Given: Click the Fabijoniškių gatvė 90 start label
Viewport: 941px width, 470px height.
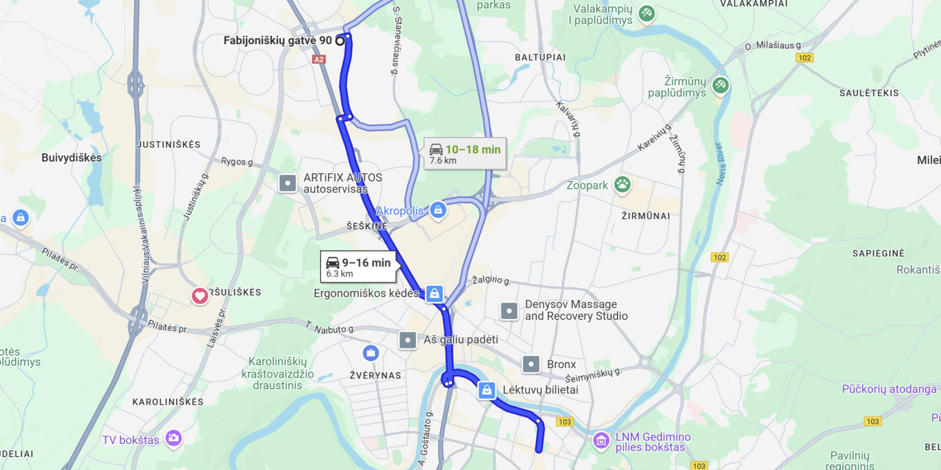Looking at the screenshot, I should [x=278, y=41].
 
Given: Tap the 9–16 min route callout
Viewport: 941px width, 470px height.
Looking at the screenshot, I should [x=358, y=267].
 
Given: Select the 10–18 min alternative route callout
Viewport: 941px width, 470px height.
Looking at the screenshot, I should [x=465, y=154].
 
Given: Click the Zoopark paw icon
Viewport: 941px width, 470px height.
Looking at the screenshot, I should [x=623, y=184].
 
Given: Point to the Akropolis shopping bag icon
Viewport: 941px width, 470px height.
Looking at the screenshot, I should [x=438, y=210].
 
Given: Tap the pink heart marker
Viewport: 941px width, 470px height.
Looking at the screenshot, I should [x=200, y=296].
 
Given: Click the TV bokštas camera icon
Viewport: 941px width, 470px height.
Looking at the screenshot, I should [x=174, y=438].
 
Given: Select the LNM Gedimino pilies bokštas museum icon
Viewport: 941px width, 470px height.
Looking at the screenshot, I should [x=601, y=440].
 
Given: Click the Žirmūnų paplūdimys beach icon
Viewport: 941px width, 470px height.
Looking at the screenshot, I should [x=721, y=85].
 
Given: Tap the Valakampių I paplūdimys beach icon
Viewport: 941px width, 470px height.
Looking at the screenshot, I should [x=646, y=13].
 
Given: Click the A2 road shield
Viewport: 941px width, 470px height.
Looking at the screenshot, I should [x=318, y=60].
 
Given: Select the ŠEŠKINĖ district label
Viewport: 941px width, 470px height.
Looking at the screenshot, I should [x=366, y=226].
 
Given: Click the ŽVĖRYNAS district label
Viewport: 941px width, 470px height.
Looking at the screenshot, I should [x=375, y=376].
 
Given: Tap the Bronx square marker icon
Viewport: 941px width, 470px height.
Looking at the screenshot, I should [x=531, y=364].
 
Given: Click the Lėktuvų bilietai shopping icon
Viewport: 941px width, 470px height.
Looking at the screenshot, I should [x=487, y=390].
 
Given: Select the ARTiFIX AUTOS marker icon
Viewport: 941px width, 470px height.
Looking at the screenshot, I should [x=287, y=183].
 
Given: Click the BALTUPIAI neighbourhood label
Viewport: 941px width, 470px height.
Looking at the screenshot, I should [x=540, y=57].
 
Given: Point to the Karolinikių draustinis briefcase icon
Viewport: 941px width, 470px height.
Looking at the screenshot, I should [x=371, y=353].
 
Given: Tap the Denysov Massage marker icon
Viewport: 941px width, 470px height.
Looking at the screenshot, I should [x=509, y=311].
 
